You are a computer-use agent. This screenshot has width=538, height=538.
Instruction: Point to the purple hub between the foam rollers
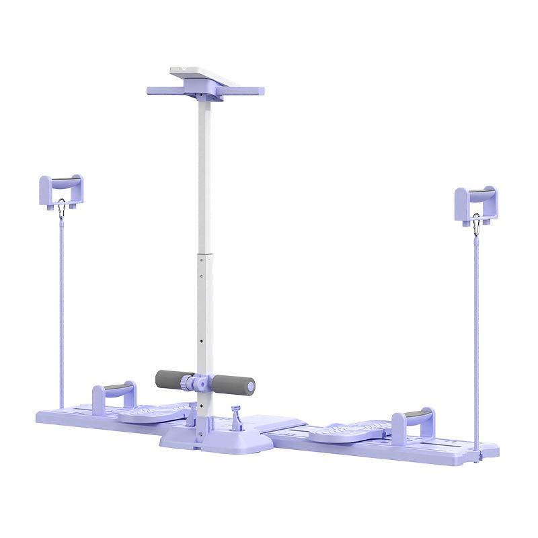tap(199, 383)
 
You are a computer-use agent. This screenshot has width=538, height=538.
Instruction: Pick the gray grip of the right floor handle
tap(413, 415)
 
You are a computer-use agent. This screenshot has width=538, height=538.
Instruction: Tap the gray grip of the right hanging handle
tap(481, 195)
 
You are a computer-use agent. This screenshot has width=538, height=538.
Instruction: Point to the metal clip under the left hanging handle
tap(63, 209)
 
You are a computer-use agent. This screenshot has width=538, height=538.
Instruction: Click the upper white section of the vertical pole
tap(201, 175)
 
